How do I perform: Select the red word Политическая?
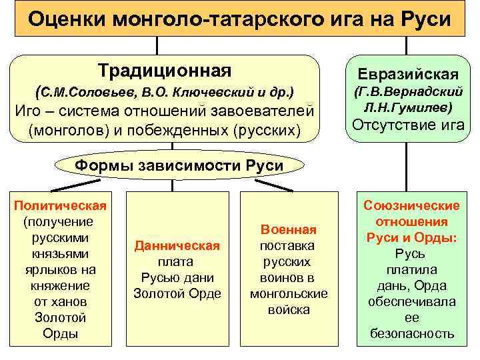tap(60, 205)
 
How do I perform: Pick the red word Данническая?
tap(177, 246)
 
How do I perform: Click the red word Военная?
tap(289, 230)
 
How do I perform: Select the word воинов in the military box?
tap(289, 278)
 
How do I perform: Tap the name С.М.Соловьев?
tap(75, 90)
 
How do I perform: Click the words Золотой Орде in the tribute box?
tap(177, 294)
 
